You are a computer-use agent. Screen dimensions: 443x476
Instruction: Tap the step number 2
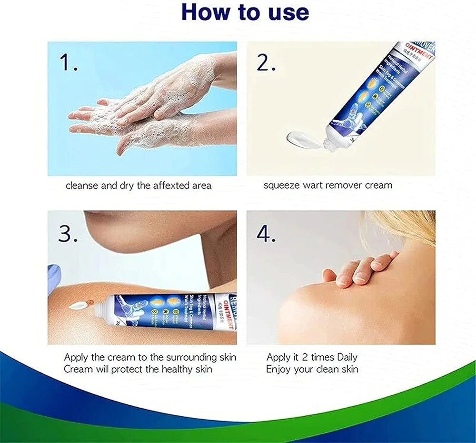pos(266,62)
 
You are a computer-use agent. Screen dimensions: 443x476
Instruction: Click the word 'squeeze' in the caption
pos(281,185)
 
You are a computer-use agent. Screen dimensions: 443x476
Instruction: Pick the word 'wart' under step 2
pos(313,185)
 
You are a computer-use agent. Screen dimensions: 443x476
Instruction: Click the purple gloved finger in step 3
pos(54,279)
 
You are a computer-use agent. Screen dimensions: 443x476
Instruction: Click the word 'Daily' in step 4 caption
pos(347,357)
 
